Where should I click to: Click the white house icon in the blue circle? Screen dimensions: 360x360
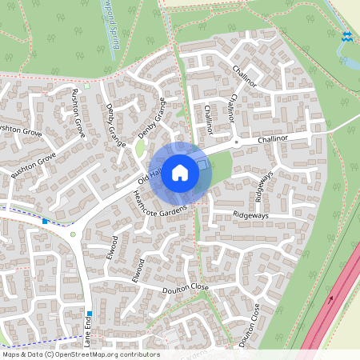[x=180, y=173]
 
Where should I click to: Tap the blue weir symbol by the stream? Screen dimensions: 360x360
[x=346, y=36]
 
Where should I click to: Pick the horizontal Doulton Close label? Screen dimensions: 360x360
[x=185, y=288]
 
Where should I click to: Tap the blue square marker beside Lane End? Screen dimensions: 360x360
[x=45, y=221]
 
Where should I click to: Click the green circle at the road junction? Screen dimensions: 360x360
[x=73, y=234]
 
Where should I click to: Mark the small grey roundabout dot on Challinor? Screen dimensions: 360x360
[x=235, y=142]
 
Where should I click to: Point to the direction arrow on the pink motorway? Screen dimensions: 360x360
[x=330, y=300]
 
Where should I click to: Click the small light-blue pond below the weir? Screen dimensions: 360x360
[x=346, y=60]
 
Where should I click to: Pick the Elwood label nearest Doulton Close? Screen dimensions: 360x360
[x=139, y=270]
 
